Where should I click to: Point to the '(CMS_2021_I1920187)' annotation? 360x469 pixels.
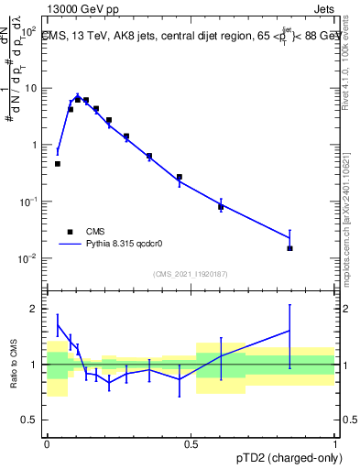point(191,273)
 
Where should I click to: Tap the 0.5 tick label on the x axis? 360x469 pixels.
point(191,442)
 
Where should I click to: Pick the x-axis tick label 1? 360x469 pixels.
point(335,442)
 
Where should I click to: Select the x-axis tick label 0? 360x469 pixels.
point(48,442)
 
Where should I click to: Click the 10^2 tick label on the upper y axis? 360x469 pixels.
point(30,32)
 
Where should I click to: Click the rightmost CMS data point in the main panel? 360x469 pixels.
point(289,248)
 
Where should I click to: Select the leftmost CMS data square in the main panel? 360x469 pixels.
point(58,164)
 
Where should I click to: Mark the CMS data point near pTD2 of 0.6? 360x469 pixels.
point(221,207)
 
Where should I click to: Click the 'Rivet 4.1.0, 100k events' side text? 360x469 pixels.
point(345,64)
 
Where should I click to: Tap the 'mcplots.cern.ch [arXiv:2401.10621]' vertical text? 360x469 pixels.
point(345,211)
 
